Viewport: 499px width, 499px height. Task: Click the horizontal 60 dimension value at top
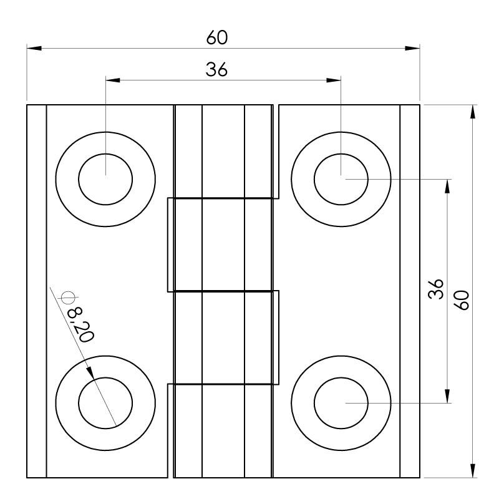216,38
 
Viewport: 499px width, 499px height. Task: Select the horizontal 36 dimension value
216,70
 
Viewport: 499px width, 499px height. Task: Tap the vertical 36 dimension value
437,289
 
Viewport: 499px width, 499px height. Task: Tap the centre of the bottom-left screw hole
105,403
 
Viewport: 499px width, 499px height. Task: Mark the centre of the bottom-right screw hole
341,403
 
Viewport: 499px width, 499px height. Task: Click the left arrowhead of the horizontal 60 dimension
34,48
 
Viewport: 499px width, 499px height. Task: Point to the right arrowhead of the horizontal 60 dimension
412,48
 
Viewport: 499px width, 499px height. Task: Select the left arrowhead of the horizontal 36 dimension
113,80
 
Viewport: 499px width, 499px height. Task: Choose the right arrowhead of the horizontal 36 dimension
334,80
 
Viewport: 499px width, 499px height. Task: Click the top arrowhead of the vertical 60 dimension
472,112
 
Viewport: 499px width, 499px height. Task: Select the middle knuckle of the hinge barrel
223,245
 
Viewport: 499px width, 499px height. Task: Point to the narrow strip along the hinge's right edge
409,291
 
